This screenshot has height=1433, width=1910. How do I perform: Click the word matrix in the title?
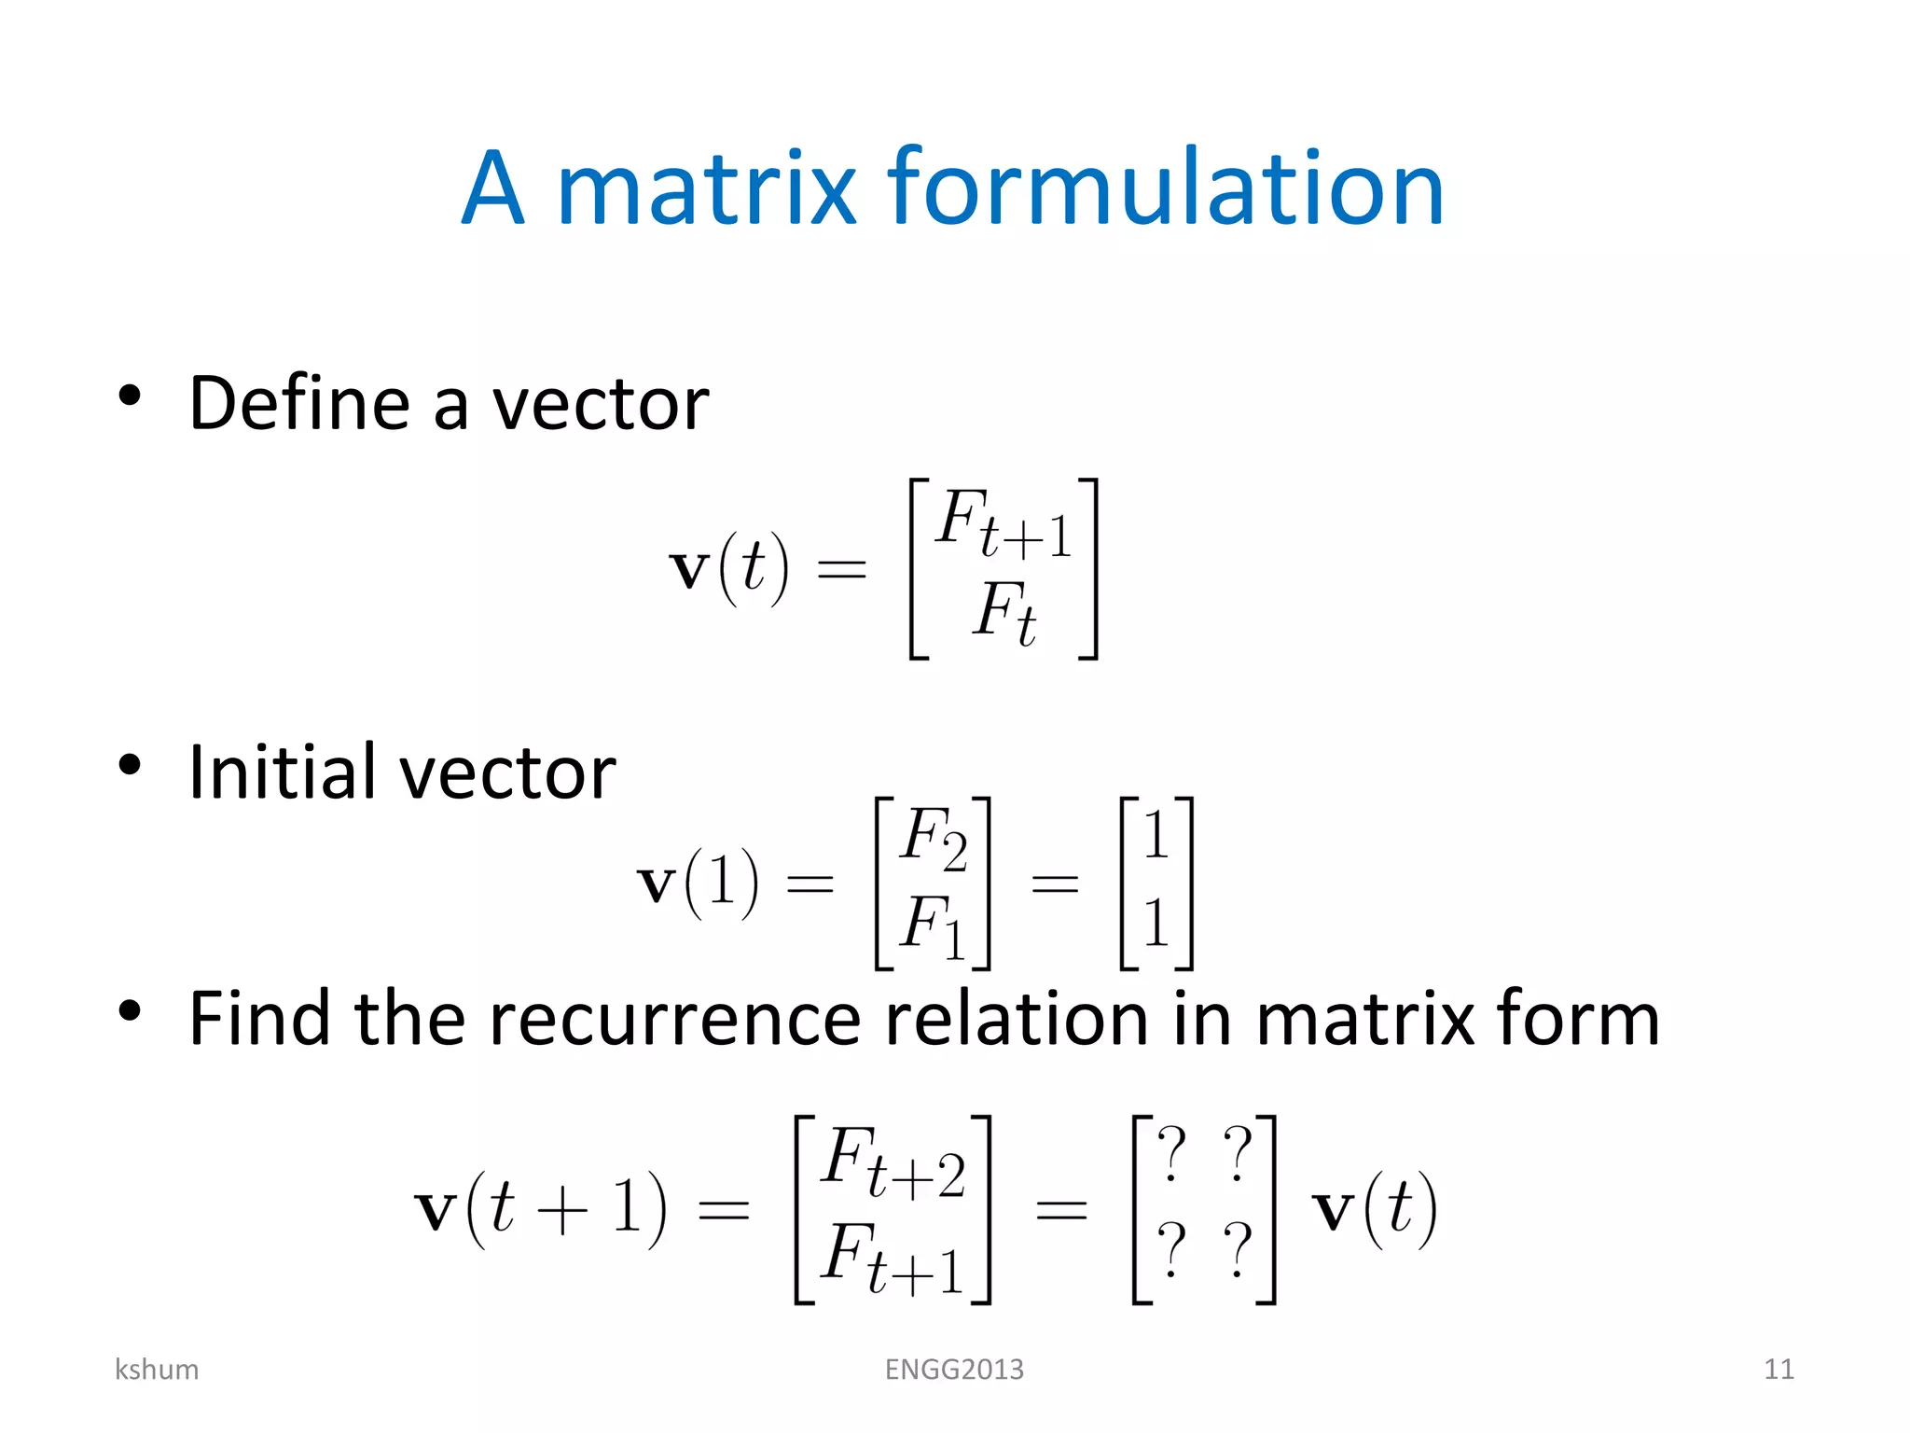pos(706,188)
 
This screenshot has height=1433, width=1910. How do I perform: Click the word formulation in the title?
pos(1166,188)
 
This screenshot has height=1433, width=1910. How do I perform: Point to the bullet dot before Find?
pos(130,1010)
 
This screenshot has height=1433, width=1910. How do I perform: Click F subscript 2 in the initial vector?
pos(934,838)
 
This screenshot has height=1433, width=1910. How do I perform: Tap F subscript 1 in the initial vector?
pos(932,925)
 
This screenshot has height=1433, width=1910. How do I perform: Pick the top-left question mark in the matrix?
pos(1171,1154)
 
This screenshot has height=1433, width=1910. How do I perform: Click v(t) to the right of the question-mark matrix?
pos(1375,1210)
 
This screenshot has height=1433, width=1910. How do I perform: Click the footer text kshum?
pos(157,1370)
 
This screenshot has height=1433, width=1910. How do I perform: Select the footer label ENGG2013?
pos(954,1370)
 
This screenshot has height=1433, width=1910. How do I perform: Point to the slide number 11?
pos(1779,1370)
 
